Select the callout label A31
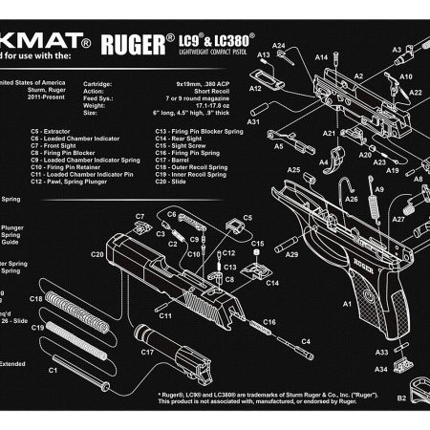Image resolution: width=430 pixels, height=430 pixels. point(253,122)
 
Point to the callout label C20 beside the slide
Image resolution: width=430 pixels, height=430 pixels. point(97,254)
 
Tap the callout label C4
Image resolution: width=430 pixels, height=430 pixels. point(307,341)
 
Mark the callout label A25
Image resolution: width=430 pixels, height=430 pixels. point(294,170)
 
